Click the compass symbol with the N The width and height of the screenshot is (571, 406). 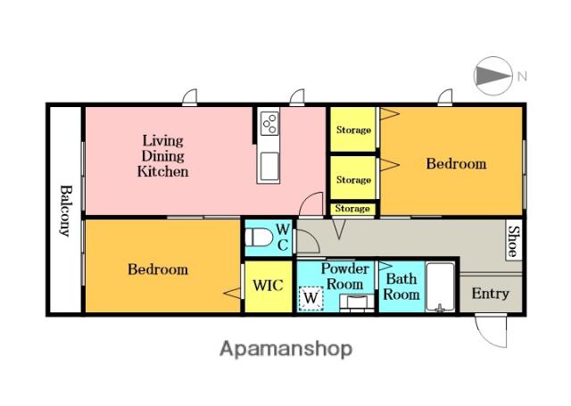pyautogui.click(x=493, y=76)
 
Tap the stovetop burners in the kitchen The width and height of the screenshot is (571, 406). pyautogui.click(x=269, y=123)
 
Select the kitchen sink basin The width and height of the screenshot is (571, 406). pyautogui.click(x=269, y=166)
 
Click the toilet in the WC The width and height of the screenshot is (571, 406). pyautogui.click(x=259, y=238)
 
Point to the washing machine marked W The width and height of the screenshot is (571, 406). pyautogui.click(x=310, y=299)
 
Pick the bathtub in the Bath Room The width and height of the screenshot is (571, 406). pyautogui.click(x=440, y=287)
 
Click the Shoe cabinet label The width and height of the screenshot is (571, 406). pyautogui.click(x=514, y=241)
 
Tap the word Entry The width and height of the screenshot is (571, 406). pyautogui.click(x=490, y=293)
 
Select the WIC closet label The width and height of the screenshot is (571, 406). pyautogui.click(x=268, y=286)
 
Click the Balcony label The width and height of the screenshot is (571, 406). pyautogui.click(x=65, y=211)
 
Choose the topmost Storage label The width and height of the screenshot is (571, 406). pyautogui.click(x=353, y=130)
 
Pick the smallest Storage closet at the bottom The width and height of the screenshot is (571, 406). pyautogui.click(x=352, y=209)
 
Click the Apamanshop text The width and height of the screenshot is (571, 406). pyautogui.click(x=285, y=349)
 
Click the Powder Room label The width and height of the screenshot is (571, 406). pyautogui.click(x=344, y=277)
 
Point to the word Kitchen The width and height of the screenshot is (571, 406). pyautogui.click(x=162, y=171)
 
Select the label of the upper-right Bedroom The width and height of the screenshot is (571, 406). pyautogui.click(x=456, y=163)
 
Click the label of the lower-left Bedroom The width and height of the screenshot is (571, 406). pyautogui.click(x=158, y=269)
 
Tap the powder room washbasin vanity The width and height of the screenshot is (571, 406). pyautogui.click(x=357, y=303)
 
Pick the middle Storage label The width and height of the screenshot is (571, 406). pyautogui.click(x=353, y=180)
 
